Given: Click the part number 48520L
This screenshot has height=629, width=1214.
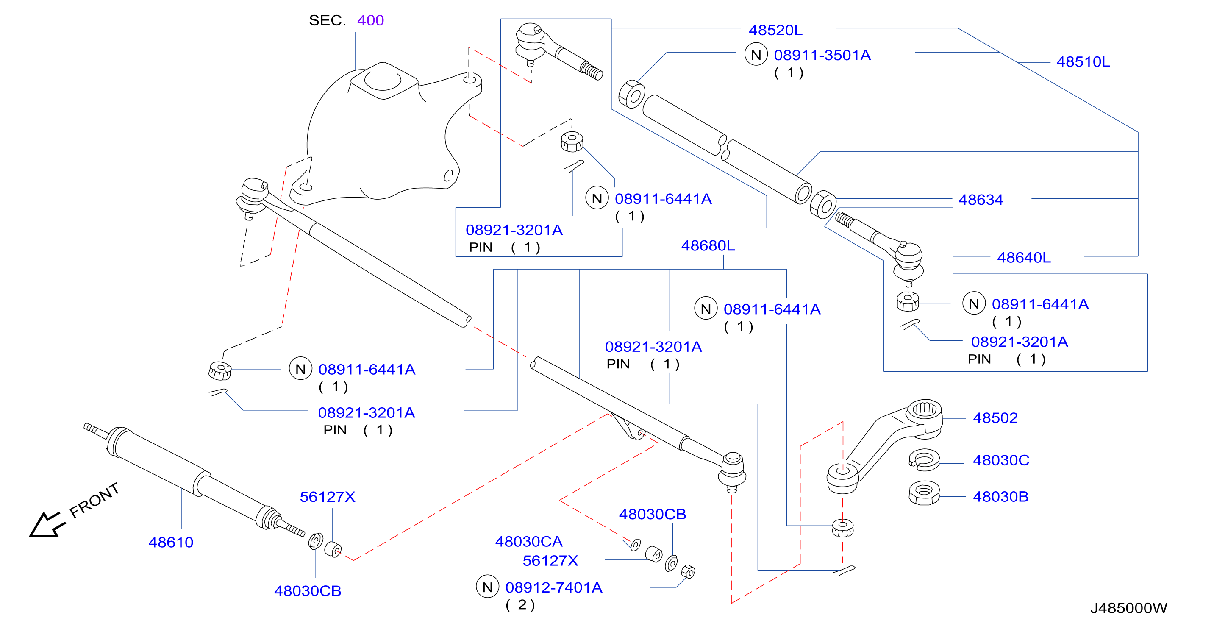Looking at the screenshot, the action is click(775, 30).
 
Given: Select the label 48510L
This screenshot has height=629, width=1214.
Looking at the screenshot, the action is click(1083, 62).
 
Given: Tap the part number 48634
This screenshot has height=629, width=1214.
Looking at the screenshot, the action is click(981, 200).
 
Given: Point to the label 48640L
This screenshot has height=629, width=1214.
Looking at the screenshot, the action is click(1024, 257).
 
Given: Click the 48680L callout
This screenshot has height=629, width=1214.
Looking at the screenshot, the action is click(708, 246).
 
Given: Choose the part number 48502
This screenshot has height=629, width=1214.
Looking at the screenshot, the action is click(995, 418).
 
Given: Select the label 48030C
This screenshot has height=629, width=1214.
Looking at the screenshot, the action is click(1001, 460).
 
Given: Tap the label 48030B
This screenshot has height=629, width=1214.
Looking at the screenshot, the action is click(1000, 496).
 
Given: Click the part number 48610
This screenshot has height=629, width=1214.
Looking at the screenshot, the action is click(171, 542).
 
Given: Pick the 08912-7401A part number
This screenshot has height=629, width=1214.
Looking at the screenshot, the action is click(554, 587).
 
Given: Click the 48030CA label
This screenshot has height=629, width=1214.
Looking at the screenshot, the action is click(529, 541).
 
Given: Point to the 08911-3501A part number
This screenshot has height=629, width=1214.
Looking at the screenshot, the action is click(822, 55).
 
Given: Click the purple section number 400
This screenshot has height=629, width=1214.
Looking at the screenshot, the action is click(370, 20).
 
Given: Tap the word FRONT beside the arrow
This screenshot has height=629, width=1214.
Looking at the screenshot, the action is click(94, 500).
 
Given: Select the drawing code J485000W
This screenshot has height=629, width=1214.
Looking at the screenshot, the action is click(1129, 608).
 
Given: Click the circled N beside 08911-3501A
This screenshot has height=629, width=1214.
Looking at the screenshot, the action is click(756, 55).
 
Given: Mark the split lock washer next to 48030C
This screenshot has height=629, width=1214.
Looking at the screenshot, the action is click(924, 460).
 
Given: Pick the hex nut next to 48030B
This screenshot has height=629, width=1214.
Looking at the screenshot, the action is click(924, 493).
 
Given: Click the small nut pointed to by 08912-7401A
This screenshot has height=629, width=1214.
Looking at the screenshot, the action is click(688, 571).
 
